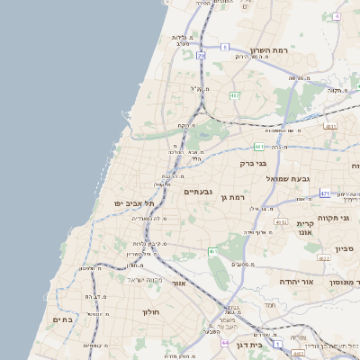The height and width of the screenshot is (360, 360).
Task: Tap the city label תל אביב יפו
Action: (129, 204)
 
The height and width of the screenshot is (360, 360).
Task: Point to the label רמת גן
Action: (232, 197)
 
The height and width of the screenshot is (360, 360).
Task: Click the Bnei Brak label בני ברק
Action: (254, 164)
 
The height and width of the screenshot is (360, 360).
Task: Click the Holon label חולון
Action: (149, 312)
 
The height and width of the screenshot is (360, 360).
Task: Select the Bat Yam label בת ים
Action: (62, 319)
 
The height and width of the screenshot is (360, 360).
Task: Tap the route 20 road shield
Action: (202, 56)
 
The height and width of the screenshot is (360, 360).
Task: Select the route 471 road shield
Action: (324, 193)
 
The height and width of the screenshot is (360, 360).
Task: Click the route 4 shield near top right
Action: (337, 16)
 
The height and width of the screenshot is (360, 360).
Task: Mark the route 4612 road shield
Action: (282, 222)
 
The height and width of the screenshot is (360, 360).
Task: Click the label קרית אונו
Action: (305, 228)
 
